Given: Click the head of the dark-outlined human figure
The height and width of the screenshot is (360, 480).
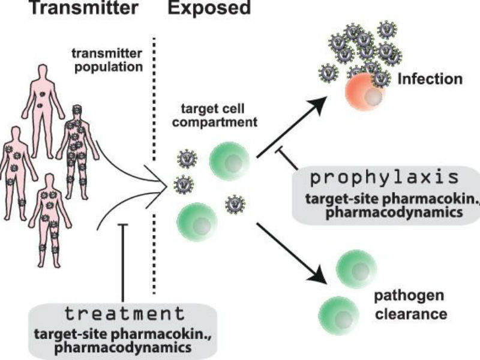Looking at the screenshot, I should (77, 110).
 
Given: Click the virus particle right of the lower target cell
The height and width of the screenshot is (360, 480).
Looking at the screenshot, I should (234, 205).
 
